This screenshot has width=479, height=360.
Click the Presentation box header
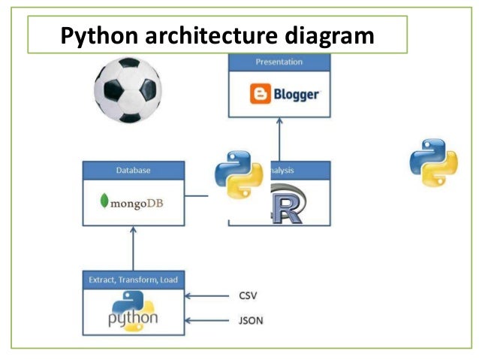[x=279, y=62]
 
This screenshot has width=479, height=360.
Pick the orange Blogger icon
[x=260, y=95]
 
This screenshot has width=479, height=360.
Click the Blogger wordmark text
[x=296, y=95]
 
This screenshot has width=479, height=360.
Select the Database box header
[x=134, y=171]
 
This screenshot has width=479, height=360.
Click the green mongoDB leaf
[x=103, y=202]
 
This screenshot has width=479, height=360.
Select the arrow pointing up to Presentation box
[x=279, y=138]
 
